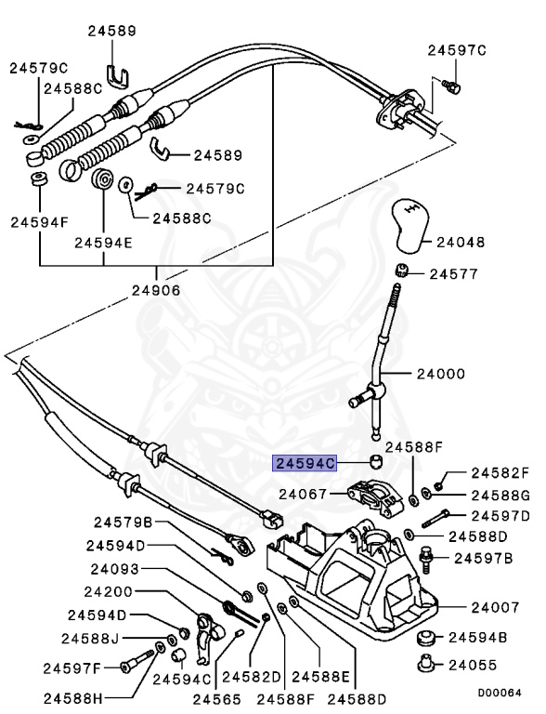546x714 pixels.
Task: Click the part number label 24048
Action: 461,242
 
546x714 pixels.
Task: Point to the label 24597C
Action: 457,50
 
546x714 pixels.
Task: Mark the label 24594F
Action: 40,222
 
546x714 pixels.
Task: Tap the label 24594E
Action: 102,244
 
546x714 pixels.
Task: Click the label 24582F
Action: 499,472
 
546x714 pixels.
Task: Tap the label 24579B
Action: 122,522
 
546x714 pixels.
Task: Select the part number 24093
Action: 115,569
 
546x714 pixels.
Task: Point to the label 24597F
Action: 70,667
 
